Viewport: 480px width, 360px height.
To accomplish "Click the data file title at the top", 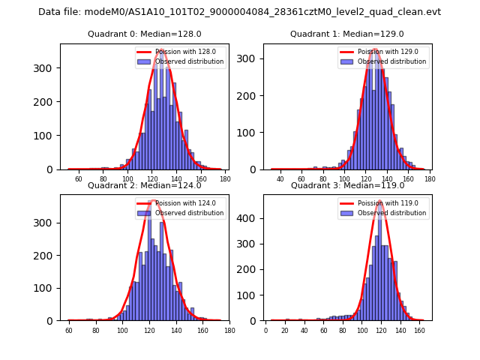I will tap(239, 12).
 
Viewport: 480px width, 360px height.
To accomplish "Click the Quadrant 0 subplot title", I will tap(144, 34).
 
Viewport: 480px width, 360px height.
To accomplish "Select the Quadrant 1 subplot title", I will tap(347, 34).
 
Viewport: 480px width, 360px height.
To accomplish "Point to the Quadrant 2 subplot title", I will tap(144, 185).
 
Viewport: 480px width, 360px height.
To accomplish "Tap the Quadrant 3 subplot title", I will tap(347, 185).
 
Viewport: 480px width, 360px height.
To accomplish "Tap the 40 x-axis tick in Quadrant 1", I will tap(280, 178).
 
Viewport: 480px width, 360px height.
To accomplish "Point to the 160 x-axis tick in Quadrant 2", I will tap(202, 330).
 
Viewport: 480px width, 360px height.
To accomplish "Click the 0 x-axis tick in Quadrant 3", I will tap(266, 330).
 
